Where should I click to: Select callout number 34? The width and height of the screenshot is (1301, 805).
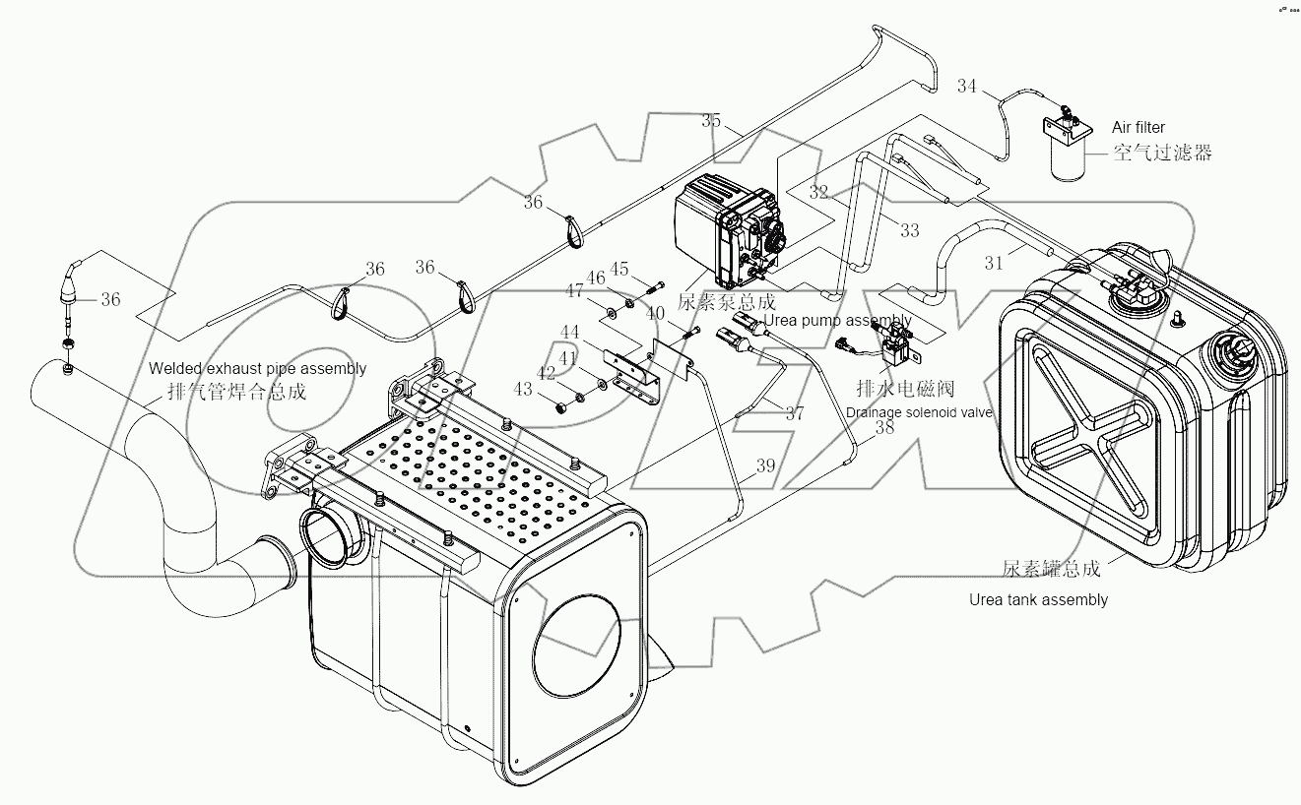click(x=966, y=87)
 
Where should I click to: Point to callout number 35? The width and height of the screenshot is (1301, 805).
click(x=711, y=120)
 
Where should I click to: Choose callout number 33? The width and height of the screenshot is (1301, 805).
click(x=909, y=230)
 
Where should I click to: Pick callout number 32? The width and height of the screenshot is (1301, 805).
click(x=818, y=193)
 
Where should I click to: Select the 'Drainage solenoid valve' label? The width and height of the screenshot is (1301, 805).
click(x=919, y=411)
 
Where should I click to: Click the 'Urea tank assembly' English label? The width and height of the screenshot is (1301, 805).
click(x=1038, y=599)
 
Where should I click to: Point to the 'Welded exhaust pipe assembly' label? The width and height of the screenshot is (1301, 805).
click(x=257, y=368)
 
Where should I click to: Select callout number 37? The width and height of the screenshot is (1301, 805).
click(x=794, y=412)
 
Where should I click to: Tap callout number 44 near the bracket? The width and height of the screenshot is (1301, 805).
click(x=570, y=333)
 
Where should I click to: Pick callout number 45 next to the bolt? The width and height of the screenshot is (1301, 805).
click(x=618, y=269)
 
